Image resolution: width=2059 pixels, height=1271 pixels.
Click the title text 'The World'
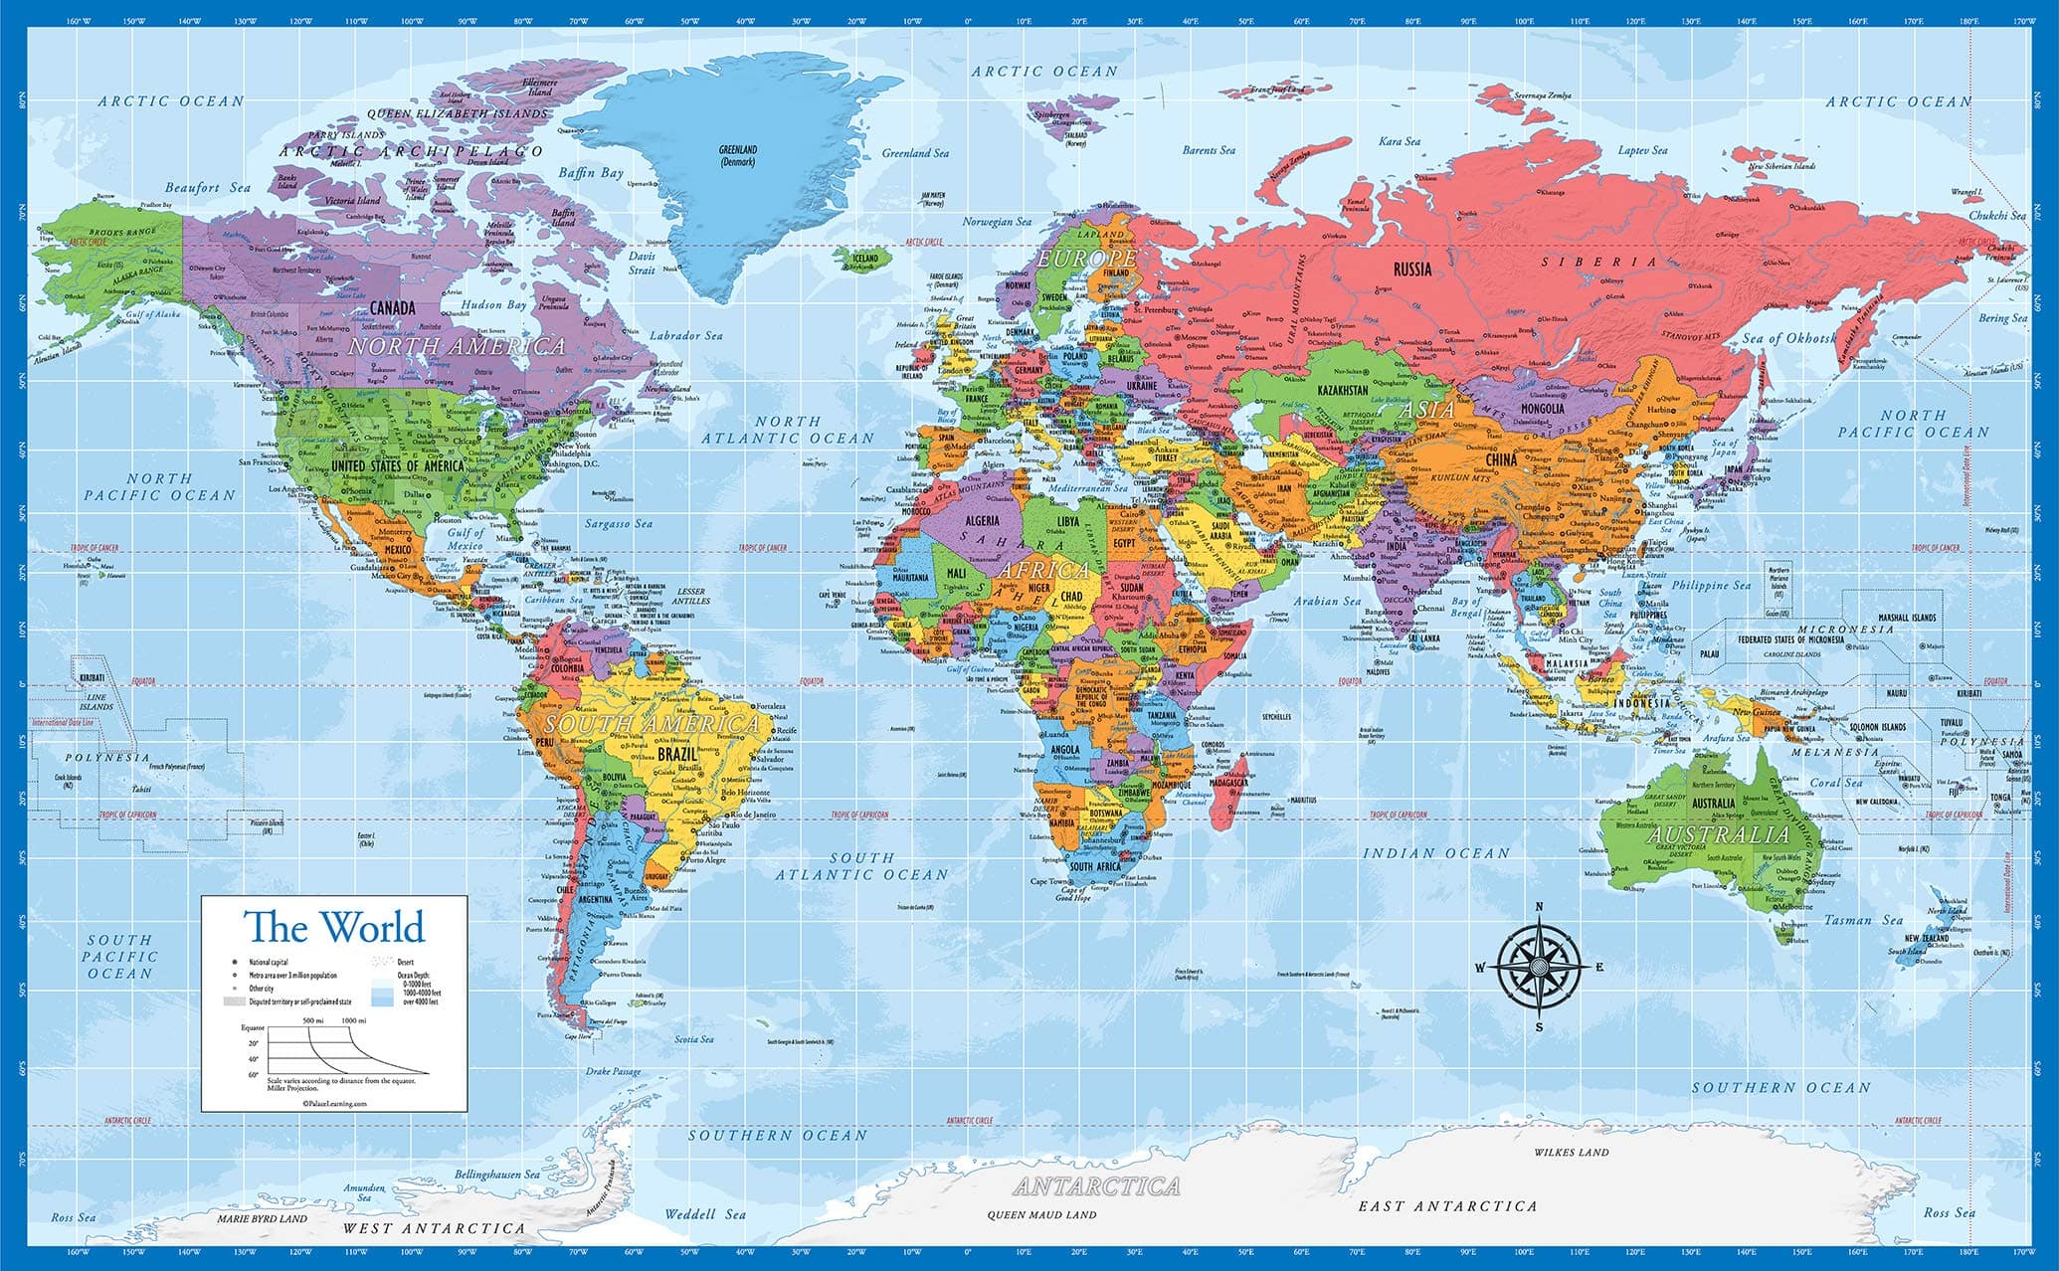(x=335, y=927)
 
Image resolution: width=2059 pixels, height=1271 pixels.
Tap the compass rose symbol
(x=1539, y=967)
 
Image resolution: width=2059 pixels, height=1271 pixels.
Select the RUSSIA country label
(x=1412, y=269)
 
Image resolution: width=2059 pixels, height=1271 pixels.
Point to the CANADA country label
(x=392, y=308)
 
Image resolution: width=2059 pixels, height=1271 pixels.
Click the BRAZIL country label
(x=681, y=755)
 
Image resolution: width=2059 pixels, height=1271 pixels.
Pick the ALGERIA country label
(x=981, y=521)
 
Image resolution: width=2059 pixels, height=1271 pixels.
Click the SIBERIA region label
(x=1599, y=262)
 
